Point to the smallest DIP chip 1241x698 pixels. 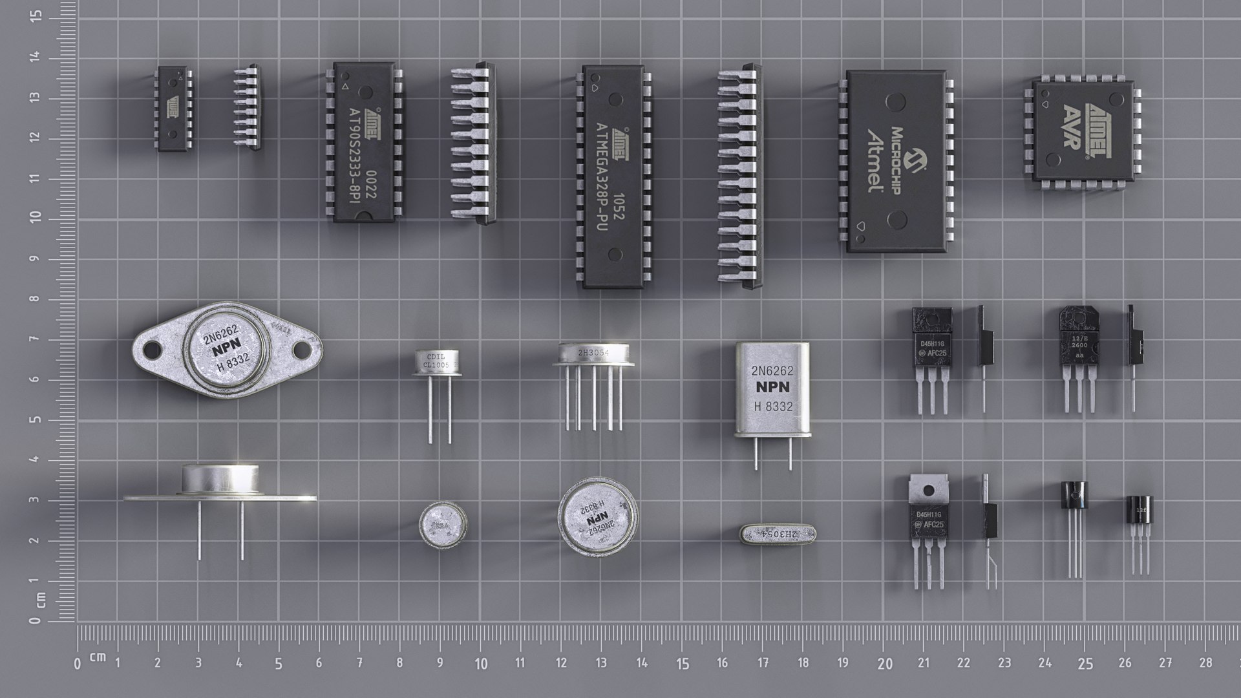coord(173,108)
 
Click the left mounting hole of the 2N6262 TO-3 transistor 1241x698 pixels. coord(151,350)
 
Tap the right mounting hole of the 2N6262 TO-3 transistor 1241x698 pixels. coord(302,350)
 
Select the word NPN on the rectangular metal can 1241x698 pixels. coord(772,388)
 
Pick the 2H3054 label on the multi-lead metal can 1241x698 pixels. coord(593,353)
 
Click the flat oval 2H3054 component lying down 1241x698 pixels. coord(778,534)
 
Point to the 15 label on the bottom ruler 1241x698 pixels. coord(683,664)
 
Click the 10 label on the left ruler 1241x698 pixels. coord(36,218)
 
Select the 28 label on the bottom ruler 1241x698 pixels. coord(1205,662)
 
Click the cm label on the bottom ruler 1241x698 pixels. coord(98,657)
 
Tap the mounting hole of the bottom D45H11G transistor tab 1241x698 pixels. coord(929,492)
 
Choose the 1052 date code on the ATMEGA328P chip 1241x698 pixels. coord(618,207)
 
